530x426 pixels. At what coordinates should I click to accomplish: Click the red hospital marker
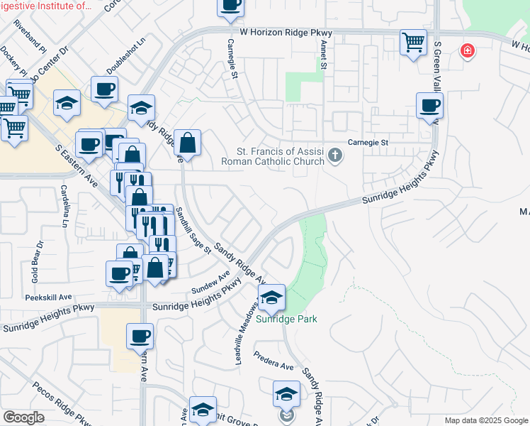(466, 50)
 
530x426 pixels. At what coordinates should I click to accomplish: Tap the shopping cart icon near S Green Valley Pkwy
(413, 42)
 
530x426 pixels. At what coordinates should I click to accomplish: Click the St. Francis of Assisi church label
(281, 156)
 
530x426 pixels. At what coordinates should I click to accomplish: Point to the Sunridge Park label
(287, 319)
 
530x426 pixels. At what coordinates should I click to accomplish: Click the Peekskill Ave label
(52, 297)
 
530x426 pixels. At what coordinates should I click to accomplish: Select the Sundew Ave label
(212, 284)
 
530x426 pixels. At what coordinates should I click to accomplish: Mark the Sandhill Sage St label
(193, 229)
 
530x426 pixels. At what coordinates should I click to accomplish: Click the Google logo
(23, 417)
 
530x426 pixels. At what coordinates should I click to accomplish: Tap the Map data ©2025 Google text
(485, 420)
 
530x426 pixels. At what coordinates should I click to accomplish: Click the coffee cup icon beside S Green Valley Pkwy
(429, 107)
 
